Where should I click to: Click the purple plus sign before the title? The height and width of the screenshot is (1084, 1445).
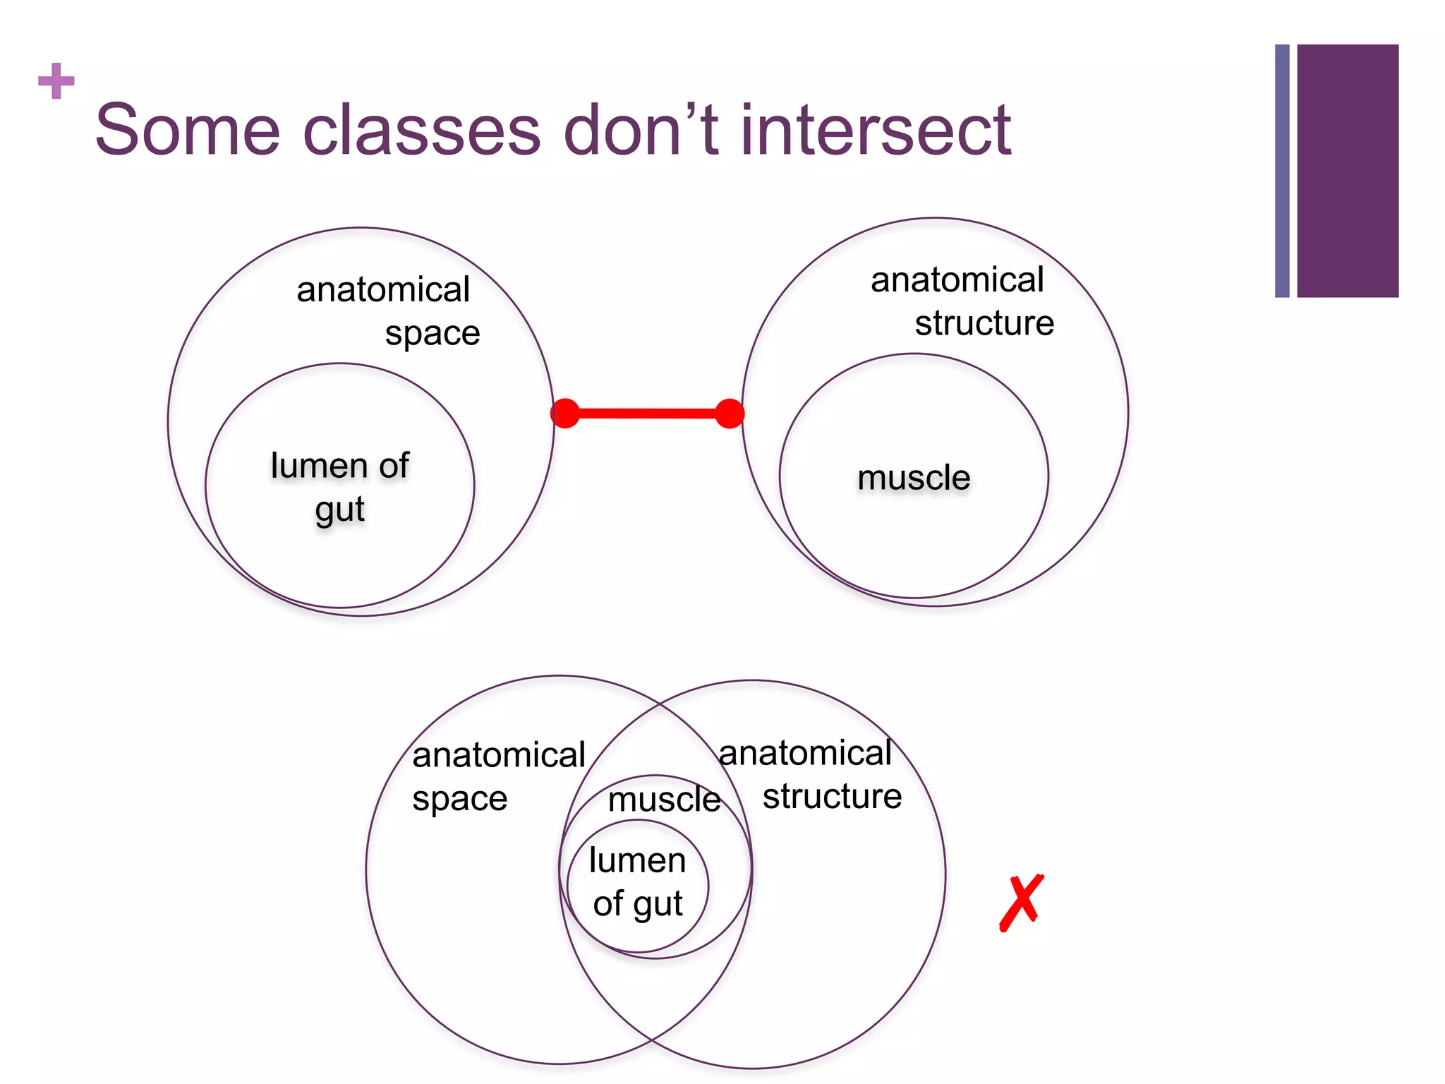(56, 81)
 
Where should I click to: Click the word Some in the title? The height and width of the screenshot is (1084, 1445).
(188, 130)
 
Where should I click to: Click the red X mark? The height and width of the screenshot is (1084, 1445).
(1021, 903)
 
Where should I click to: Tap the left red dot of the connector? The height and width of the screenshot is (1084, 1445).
(565, 414)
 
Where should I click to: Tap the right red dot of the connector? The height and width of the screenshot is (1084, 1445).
(730, 414)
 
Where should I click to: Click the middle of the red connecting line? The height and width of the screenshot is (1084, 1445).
(647, 414)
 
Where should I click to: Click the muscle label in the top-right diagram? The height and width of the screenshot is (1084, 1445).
(914, 478)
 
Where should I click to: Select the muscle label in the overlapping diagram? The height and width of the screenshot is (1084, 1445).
(664, 800)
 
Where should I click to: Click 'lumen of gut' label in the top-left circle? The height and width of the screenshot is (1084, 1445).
(339, 487)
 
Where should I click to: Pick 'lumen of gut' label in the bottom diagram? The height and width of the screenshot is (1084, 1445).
(638, 882)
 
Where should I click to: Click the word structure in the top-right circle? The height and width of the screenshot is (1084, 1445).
(984, 323)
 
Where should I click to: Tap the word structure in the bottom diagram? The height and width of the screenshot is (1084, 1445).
(832, 797)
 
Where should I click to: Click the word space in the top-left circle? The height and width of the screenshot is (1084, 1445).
(432, 333)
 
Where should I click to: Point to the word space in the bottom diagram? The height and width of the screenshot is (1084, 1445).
(459, 800)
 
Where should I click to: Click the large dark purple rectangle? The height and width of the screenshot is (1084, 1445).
(1347, 171)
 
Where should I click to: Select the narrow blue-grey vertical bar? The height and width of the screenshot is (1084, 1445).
(1282, 171)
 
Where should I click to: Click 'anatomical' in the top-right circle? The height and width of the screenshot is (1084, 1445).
(957, 279)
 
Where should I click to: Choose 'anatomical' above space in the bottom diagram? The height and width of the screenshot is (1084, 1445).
(498, 755)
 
